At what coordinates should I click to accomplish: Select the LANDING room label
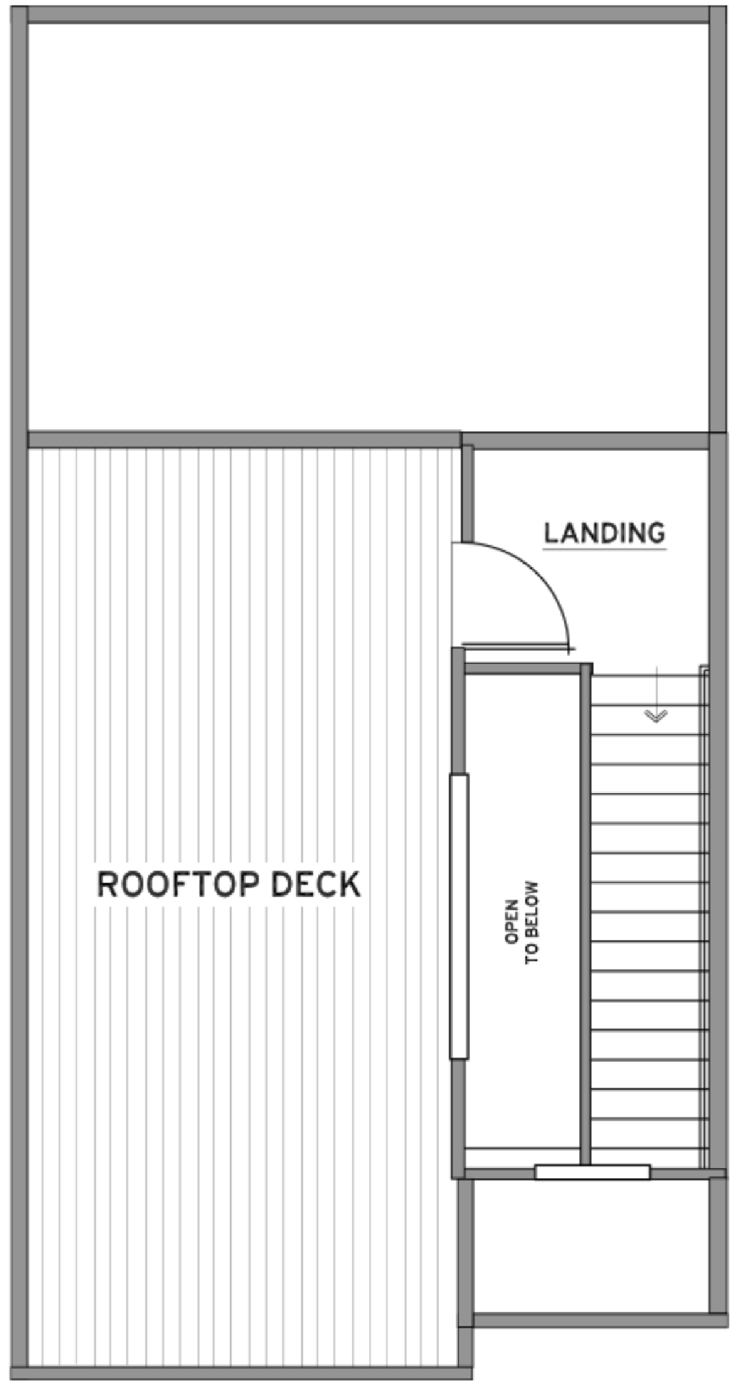coord(604,533)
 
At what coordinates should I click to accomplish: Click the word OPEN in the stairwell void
coord(511,923)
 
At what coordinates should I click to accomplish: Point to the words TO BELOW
coord(532,923)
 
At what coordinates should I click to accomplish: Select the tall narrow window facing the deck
coord(459,916)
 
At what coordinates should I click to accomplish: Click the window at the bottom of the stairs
coord(593,1172)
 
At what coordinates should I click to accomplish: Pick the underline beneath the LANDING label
coord(604,550)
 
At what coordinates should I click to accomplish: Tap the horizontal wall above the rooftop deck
coord(244,440)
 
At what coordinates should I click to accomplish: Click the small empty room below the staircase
coord(591,1247)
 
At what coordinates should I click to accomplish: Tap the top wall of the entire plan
coord(368,15)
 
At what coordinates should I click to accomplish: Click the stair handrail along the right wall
coord(704,916)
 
